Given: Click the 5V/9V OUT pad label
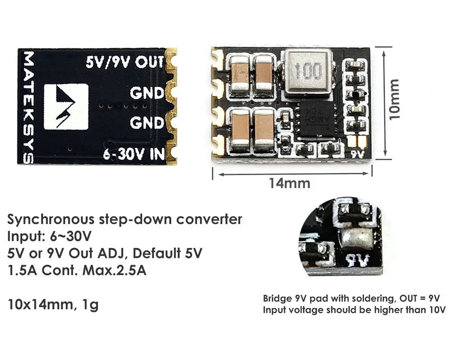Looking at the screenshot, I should tap(125, 62).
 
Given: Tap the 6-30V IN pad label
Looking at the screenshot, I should tap(134, 154).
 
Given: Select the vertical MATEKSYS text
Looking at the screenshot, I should tap(28, 107).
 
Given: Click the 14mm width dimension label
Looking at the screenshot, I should tap(289, 183).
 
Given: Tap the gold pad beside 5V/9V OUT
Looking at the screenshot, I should tap(171, 61).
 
